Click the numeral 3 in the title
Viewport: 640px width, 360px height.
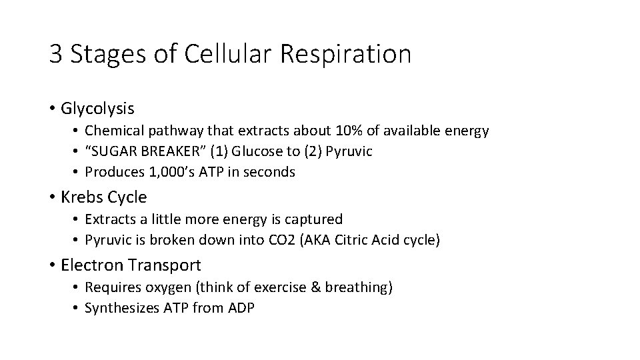pyautogui.click(x=55, y=54)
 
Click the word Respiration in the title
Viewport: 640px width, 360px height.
pyautogui.click(x=346, y=54)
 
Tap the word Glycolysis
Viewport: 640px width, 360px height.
pyautogui.click(x=97, y=107)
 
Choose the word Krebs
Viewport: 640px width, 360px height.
pyautogui.click(x=82, y=197)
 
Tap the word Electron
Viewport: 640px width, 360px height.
pyautogui.click(x=91, y=265)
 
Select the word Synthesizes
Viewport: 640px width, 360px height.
pyautogui.click(x=121, y=307)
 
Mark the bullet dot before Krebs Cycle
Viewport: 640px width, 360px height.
pyautogui.click(x=51, y=198)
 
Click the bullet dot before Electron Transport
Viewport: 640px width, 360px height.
pyautogui.click(x=51, y=265)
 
